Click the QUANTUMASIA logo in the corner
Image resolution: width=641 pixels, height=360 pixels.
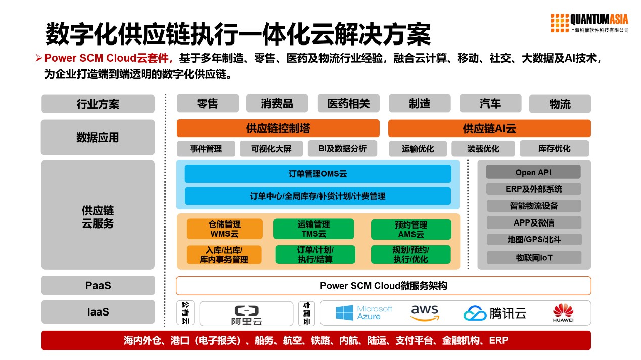[x=589, y=23]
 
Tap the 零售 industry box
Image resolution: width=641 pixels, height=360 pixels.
[x=207, y=103]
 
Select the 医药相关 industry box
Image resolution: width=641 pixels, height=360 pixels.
[x=348, y=103]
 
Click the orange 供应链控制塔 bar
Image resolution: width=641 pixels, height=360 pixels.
[x=278, y=128]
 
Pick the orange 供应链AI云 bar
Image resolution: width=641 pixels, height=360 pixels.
[x=489, y=128]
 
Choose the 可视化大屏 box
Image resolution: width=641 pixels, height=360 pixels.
[x=271, y=149]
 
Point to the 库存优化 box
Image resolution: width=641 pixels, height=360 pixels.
[x=554, y=149]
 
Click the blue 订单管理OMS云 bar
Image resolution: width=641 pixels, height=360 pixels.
[x=317, y=174]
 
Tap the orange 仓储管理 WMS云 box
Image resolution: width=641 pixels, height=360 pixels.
[x=224, y=229]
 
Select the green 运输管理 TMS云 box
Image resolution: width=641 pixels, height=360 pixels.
[x=313, y=229]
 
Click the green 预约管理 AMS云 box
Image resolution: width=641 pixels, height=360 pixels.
[x=411, y=229]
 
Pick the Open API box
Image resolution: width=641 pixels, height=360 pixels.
[x=533, y=172]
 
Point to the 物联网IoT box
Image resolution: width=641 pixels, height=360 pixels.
[x=534, y=258]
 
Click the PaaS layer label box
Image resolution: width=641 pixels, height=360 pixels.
[x=98, y=285]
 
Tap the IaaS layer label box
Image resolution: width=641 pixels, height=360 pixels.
[x=98, y=311]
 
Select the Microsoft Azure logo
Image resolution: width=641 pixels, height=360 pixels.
[x=364, y=312]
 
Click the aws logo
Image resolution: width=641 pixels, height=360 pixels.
[x=425, y=312]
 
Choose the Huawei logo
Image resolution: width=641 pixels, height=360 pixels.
[x=563, y=313]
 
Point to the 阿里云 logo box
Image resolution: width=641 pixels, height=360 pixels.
[x=246, y=313]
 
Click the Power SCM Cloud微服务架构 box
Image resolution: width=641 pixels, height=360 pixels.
[x=384, y=286]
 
